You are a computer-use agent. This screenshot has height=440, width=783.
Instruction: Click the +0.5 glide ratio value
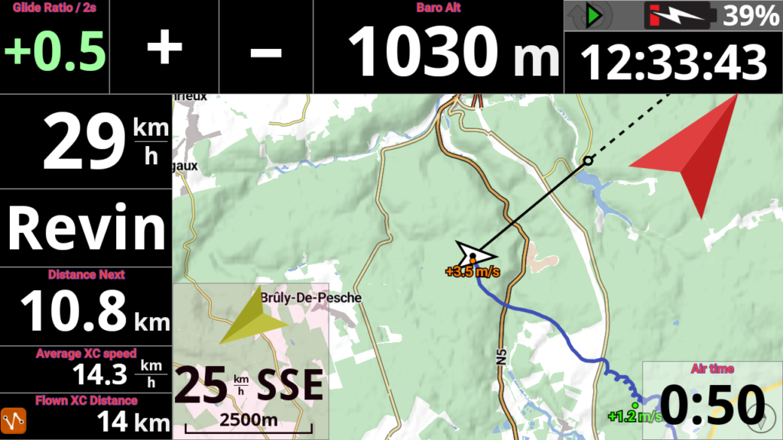[x=55, y=52]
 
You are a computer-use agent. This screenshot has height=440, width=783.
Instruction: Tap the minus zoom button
[x=266, y=52]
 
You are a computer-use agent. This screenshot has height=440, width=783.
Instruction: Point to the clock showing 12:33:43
[x=674, y=63]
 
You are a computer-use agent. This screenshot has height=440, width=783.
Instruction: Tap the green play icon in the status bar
[x=595, y=15]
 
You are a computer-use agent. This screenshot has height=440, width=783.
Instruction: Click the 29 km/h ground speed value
[x=84, y=142]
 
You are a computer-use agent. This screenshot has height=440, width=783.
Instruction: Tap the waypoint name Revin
[x=86, y=228]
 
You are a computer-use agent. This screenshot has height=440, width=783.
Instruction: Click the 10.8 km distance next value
[x=73, y=312]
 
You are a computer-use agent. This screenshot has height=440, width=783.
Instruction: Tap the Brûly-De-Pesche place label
[x=310, y=297]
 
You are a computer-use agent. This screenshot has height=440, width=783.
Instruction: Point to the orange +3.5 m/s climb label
[x=473, y=271]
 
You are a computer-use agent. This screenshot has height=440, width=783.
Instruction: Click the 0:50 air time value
[x=713, y=403]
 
